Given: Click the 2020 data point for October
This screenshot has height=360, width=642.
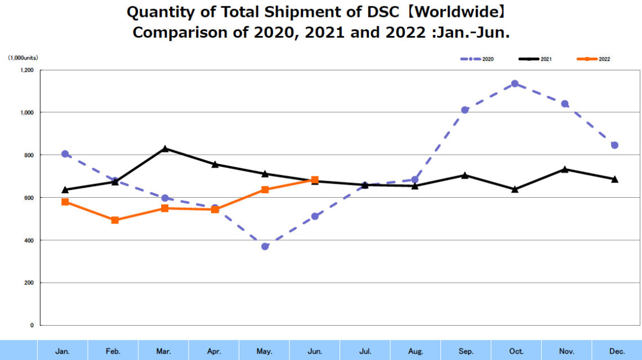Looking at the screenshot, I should [x=515, y=84].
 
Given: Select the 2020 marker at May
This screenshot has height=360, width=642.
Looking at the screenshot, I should [x=265, y=246].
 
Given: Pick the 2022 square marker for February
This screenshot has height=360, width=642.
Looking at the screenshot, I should [x=115, y=220].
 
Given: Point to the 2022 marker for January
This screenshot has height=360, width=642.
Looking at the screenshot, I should [x=65, y=202].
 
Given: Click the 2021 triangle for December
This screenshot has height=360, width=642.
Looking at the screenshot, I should [x=615, y=179].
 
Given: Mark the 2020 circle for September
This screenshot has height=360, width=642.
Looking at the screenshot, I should [x=465, y=110].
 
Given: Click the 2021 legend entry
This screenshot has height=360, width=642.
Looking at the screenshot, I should [x=534, y=59].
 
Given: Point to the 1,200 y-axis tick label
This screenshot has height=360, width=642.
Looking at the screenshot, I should [x=26, y=70].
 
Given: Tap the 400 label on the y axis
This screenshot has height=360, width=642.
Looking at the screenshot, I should [x=29, y=241].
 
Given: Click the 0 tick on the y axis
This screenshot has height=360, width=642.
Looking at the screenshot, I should [x=32, y=326].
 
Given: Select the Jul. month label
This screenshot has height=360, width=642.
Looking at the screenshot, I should [x=365, y=351].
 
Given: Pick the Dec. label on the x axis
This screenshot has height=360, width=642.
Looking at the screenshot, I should [x=617, y=351].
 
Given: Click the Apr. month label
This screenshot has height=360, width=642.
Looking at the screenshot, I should [x=214, y=351].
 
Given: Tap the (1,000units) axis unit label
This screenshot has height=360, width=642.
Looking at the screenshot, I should [x=23, y=57].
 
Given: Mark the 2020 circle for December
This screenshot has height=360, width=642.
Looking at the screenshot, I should [x=615, y=145].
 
